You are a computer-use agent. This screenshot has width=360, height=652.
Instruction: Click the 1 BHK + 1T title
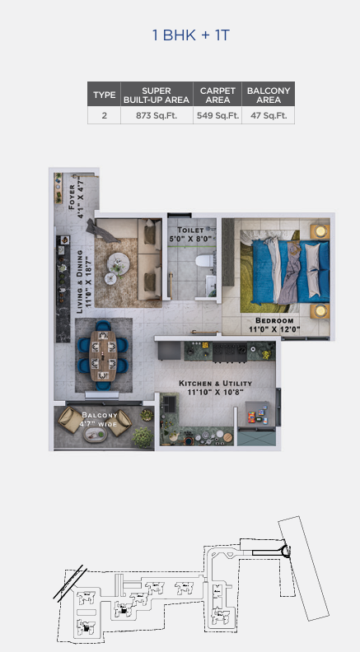191,35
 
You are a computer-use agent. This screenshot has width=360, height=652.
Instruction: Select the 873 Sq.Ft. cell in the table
157,115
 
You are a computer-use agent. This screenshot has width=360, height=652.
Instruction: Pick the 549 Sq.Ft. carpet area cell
217,115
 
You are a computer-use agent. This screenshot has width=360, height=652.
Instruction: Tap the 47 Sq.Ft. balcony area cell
269,115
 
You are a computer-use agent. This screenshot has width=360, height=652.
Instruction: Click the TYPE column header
104,95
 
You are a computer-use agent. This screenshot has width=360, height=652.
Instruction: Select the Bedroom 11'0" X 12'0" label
274,325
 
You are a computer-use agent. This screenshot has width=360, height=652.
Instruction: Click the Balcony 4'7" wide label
99,419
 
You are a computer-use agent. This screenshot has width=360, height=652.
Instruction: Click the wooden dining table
103,356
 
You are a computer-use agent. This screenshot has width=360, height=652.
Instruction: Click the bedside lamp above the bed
320,231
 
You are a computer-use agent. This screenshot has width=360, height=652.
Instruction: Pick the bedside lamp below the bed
320,310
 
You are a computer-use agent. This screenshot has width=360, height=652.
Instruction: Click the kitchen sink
169,403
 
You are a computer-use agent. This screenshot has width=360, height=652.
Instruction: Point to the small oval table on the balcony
96,434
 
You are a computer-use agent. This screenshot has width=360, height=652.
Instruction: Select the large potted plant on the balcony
143,437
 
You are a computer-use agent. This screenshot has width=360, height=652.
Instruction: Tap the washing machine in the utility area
256,414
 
